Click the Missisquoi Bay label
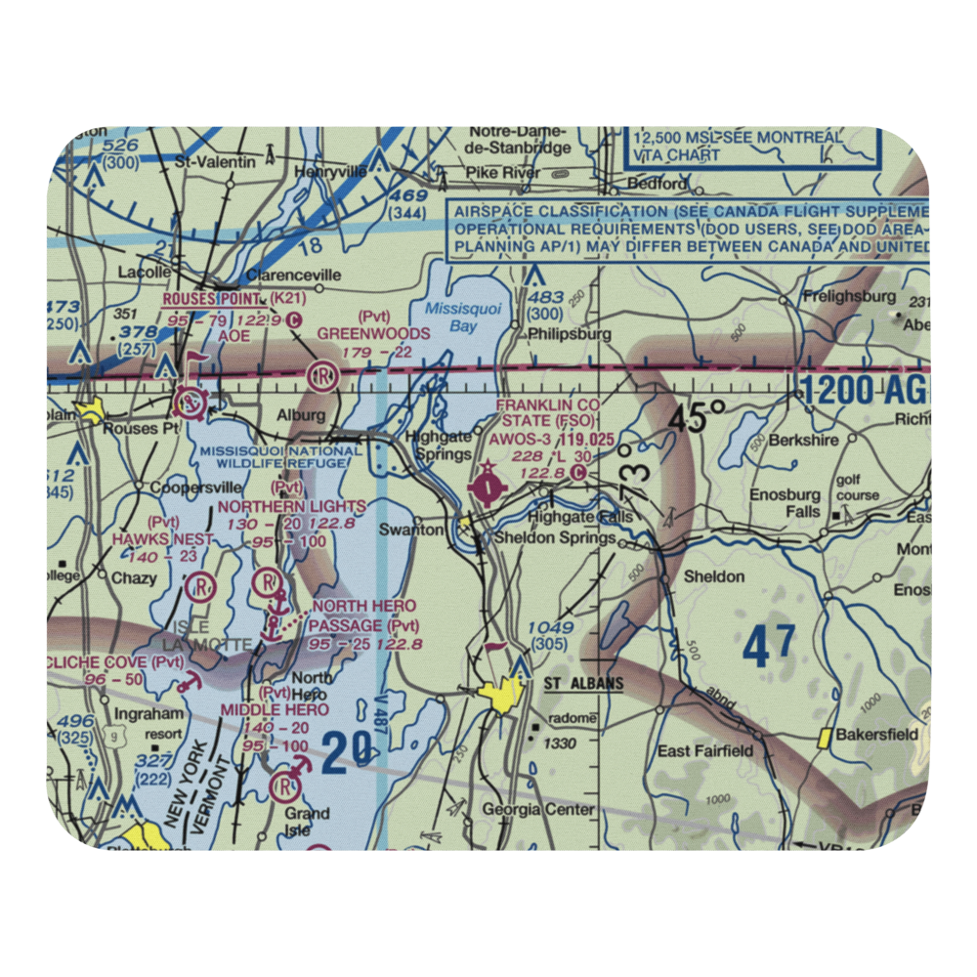coord(451,318)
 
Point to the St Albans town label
coord(583,683)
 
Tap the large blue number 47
coord(769,648)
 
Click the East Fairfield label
coord(705,750)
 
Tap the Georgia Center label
coord(538,809)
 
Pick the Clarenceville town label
coord(294,276)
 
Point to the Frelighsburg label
coord(848,295)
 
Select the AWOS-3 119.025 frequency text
coord(552,440)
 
